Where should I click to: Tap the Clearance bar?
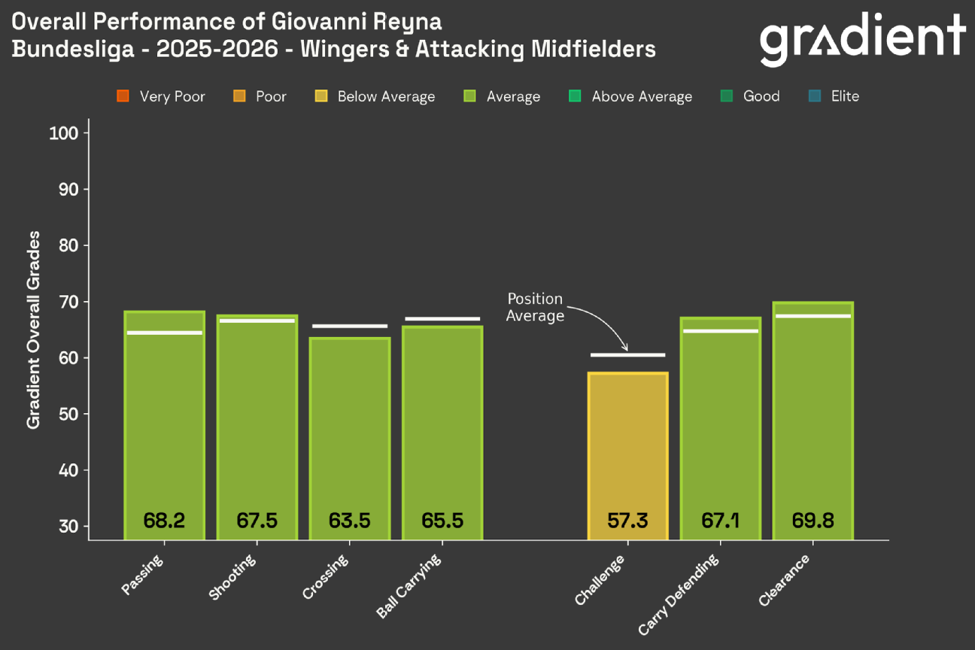tap(812, 421)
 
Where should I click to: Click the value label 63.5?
tap(349, 521)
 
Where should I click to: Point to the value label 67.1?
tap(720, 521)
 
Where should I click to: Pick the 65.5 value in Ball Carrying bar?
tap(442, 521)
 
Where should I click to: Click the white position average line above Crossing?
tap(349, 326)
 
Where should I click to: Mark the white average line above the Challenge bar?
tap(627, 354)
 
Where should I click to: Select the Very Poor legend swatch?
tap(123, 96)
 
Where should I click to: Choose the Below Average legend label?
tap(386, 96)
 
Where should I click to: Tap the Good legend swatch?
tap(727, 96)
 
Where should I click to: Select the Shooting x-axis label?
tap(232, 578)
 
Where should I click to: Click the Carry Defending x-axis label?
tap(679, 594)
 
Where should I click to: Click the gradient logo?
tap(862, 38)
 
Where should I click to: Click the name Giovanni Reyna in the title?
tap(357, 20)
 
